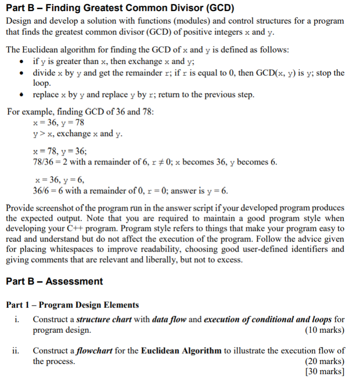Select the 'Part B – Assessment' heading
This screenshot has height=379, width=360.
(54, 281)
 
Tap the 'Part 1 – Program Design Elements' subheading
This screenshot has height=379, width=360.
(73, 305)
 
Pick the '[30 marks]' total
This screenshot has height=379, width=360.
(325, 371)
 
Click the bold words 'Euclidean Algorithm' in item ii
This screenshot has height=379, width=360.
(182, 351)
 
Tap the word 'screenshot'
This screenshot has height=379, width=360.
(61, 208)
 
